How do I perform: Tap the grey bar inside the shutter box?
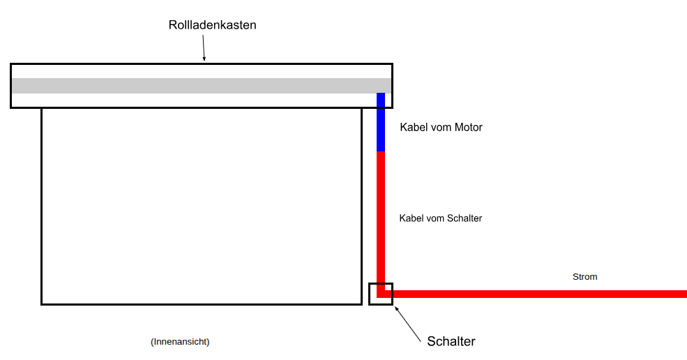coord(195,86)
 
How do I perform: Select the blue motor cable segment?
coord(381,122)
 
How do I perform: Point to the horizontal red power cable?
coord(537,294)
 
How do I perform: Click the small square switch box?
coord(381,294)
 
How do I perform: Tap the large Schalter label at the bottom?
coord(451,341)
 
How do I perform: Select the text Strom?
coord(584,277)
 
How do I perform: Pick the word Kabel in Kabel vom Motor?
coord(413,128)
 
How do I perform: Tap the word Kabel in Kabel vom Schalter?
coord(410,218)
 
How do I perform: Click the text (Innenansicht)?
coord(180,342)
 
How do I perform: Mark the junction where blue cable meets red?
coord(381,151)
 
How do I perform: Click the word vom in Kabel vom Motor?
coord(440,128)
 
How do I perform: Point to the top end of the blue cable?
coord(381,94)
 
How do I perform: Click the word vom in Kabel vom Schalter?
coord(434,218)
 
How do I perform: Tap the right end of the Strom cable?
coord(684,294)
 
